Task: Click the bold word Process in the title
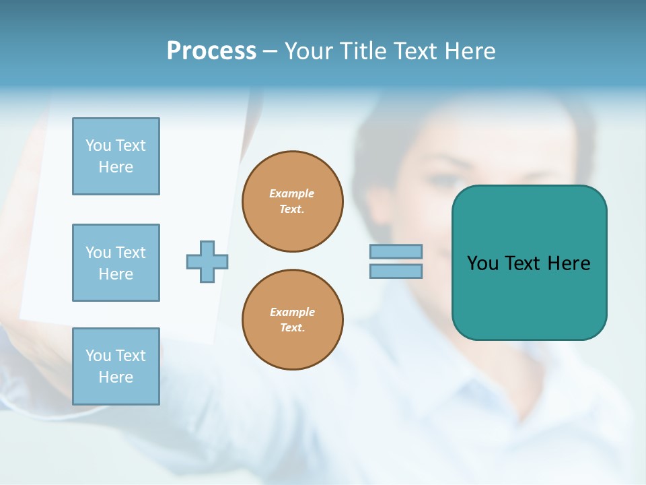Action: coord(211,51)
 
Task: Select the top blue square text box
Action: coord(116,156)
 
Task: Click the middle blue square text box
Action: coord(116,263)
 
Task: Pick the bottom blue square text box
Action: coord(116,366)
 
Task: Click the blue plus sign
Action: coord(207,261)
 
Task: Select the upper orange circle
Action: coord(292,201)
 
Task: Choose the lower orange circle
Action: coord(292,320)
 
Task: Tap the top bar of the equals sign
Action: coord(396,251)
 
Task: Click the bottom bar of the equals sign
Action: coord(396,271)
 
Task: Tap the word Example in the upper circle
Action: coord(292,193)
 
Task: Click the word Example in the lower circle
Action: coord(292,312)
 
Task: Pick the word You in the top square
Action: coord(98,145)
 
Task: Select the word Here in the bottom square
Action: coord(116,377)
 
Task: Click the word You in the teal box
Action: coord(482,263)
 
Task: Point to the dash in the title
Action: coord(270,51)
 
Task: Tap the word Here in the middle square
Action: coord(116,274)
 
